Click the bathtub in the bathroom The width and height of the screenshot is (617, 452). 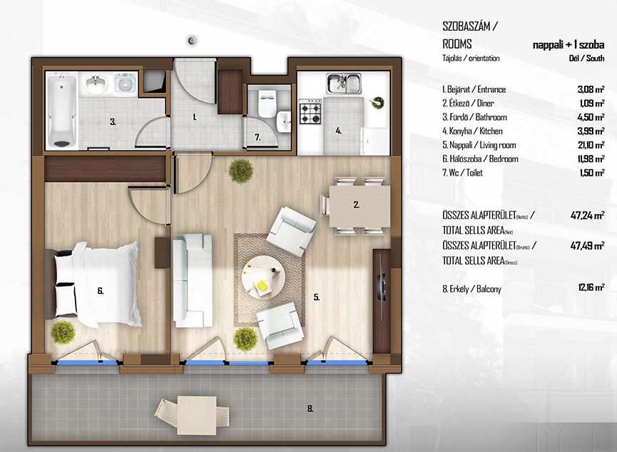(62, 112)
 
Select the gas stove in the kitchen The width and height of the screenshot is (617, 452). (310, 111)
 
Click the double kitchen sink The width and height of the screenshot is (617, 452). (344, 83)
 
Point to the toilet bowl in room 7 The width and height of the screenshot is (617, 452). (267, 104)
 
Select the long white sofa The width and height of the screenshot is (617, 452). (193, 281)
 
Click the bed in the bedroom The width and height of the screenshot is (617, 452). (93, 284)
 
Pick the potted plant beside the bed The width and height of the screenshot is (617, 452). (63, 332)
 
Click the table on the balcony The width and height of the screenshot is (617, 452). (196, 411)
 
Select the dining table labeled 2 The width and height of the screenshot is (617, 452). (360, 206)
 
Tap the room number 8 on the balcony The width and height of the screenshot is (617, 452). (310, 409)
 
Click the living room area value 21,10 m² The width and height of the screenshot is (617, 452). (591, 145)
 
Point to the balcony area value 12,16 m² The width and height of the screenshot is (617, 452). (591, 287)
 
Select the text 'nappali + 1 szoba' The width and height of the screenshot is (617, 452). (568, 45)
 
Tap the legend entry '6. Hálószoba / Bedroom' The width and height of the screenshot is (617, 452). (480, 159)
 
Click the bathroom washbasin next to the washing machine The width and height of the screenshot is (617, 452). (96, 84)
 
